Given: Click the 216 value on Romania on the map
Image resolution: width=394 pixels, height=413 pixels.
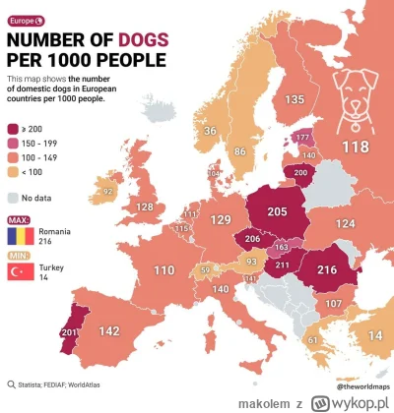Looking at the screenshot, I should (327, 267).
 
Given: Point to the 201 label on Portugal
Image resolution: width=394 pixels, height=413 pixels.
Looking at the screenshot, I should (42, 331).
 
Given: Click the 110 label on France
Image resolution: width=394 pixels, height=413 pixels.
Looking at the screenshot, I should (135, 268).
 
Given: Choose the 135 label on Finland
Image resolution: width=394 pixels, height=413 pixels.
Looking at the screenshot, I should (294, 100).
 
